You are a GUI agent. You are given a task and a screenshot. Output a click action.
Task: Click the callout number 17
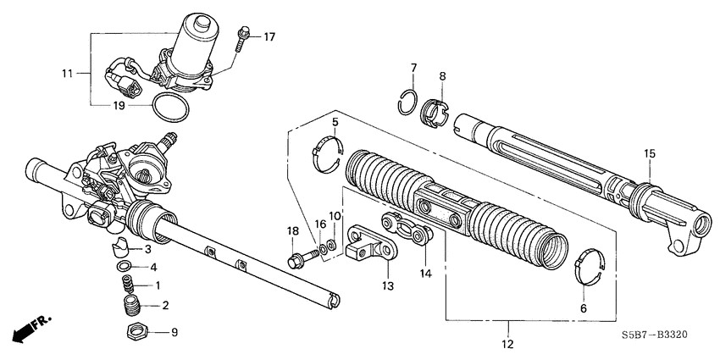point(269,36)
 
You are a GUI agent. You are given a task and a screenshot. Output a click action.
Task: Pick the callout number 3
point(147,250)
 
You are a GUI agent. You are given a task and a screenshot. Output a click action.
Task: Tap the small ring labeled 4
point(125,267)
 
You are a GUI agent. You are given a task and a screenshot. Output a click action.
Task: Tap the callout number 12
point(509,345)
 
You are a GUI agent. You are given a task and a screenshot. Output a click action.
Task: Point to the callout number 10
point(335,217)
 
